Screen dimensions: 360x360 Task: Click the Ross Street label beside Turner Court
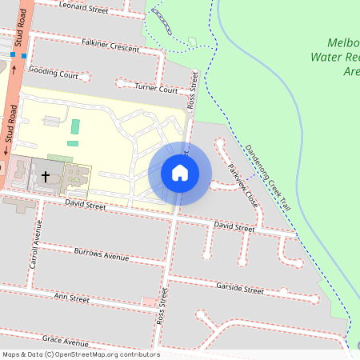tap(191, 90)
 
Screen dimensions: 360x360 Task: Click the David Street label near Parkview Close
tap(234, 229)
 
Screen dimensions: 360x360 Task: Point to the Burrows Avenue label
tap(101, 257)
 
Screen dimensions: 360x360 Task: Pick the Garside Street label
tap(239, 286)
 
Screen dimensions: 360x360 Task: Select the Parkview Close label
tap(242, 186)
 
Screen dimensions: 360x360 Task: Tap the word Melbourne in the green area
tap(343, 42)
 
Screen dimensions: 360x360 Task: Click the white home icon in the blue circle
tap(180, 173)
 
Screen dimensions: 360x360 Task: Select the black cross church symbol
tap(46, 175)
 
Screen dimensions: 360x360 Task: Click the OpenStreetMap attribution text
tap(82, 354)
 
